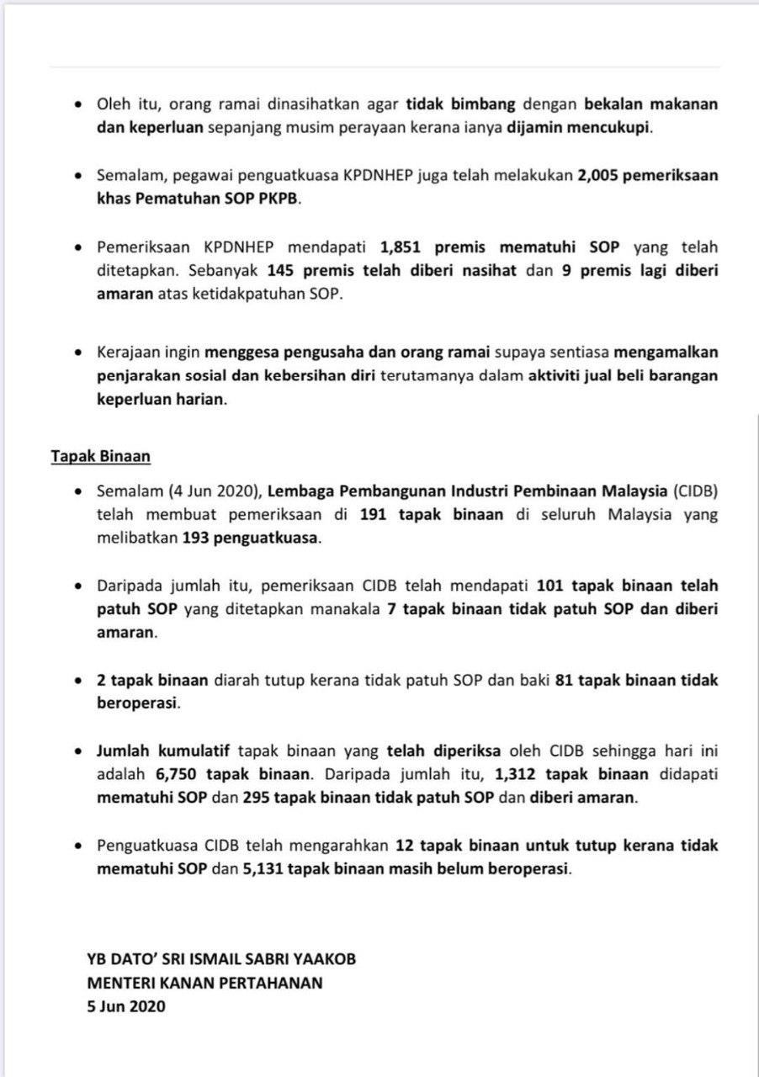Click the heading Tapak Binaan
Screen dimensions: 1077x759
(100, 456)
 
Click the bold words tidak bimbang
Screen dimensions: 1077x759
(461, 104)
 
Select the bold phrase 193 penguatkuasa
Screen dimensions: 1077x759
(251, 538)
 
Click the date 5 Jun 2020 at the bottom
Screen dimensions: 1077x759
(126, 1006)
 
